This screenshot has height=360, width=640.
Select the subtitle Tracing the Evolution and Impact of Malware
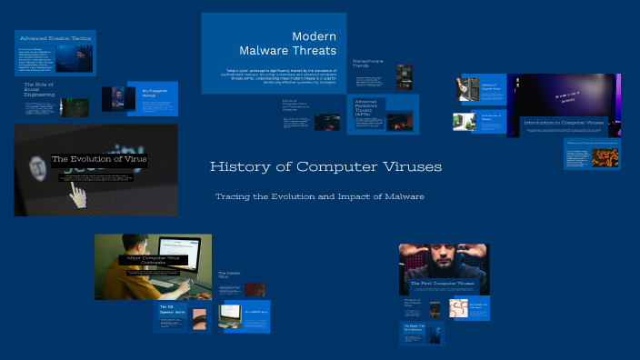pyautogui.click(x=319, y=196)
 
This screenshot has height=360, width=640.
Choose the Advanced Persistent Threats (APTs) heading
pyautogui.click(x=366, y=110)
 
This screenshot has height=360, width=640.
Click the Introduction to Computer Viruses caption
pyautogui.click(x=563, y=122)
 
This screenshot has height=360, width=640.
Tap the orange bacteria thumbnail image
pyautogui.click(x=605, y=156)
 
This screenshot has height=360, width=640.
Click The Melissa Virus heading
pyautogui.click(x=228, y=274)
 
